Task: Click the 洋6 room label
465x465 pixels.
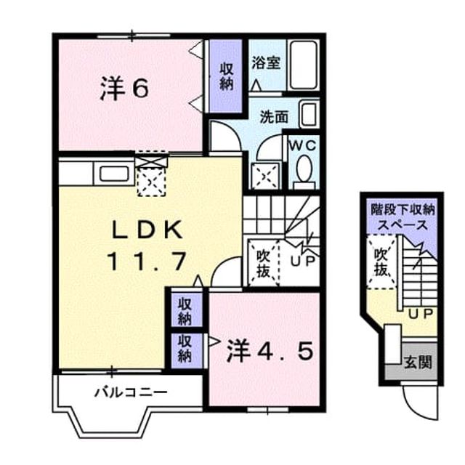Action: point(124,89)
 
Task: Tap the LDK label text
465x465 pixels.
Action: point(147,230)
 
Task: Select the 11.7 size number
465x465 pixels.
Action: point(147,261)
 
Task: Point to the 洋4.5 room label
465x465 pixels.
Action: point(270,352)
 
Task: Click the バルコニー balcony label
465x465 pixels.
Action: point(131,392)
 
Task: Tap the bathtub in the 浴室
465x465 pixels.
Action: point(304,65)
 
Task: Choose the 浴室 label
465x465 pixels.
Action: point(266,62)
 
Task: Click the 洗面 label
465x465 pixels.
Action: point(274,117)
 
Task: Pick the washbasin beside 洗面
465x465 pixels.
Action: point(309,114)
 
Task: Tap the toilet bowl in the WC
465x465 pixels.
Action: point(304,169)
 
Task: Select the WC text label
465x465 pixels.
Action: point(303,146)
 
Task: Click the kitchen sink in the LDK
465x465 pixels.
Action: point(114,174)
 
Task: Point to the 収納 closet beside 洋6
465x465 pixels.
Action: point(226,76)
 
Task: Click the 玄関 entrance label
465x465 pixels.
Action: point(418,362)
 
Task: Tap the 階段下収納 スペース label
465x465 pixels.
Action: point(403,217)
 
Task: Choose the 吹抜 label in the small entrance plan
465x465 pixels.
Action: point(381,262)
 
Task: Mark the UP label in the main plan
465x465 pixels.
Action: point(302,261)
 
